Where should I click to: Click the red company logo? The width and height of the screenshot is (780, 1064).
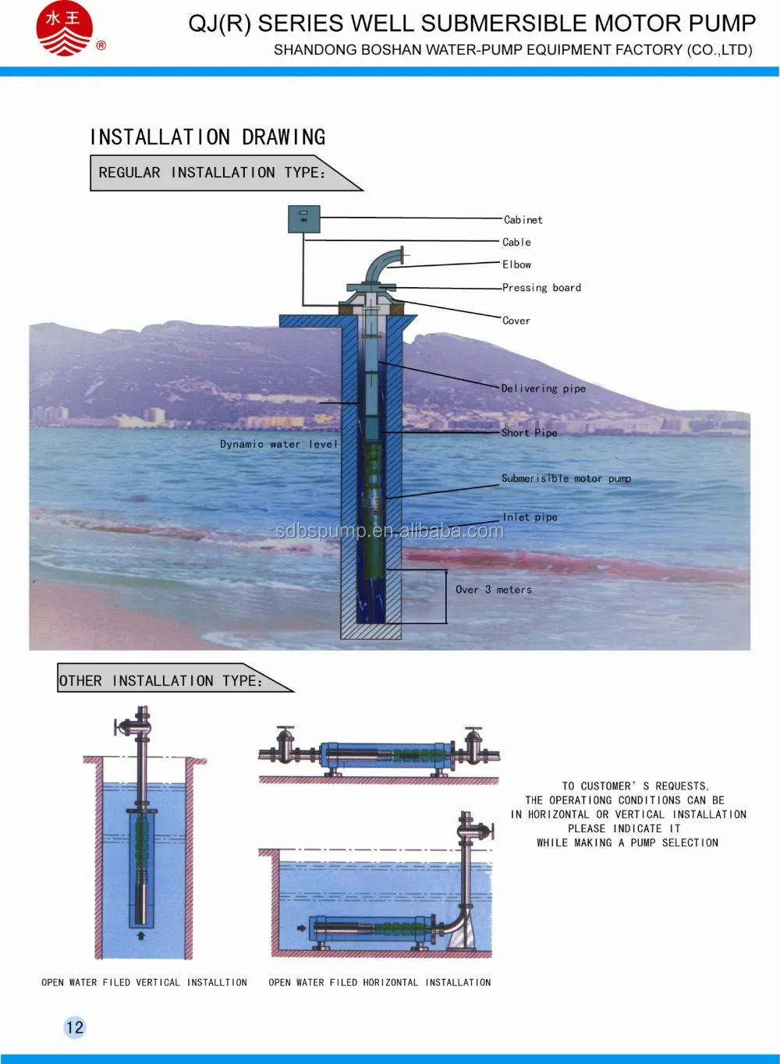(64, 29)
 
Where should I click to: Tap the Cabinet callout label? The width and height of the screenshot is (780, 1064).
(523, 220)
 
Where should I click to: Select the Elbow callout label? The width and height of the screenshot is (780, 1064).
(516, 264)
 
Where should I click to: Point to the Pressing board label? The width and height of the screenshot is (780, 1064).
(541, 288)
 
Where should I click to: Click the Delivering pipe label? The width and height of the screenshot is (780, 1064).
(543, 388)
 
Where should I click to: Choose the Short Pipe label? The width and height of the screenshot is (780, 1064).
(529, 433)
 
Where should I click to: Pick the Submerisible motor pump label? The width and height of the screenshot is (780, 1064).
(565, 479)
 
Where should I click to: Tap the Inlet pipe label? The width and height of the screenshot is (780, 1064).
(530, 517)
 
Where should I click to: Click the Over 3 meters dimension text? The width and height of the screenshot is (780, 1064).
(494, 590)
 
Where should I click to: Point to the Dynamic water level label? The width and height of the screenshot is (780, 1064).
(278, 445)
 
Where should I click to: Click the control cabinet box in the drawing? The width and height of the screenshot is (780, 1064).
(303, 219)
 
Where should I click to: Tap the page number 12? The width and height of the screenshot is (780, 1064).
(75, 1027)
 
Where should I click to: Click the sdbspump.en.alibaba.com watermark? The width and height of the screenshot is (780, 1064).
(389, 531)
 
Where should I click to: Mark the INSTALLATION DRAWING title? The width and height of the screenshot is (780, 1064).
(207, 137)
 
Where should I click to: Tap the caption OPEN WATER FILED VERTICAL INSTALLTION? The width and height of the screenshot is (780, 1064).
(144, 983)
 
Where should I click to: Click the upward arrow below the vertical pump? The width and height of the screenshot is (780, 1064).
(141, 935)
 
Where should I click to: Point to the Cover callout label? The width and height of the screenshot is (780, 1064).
(516, 321)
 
